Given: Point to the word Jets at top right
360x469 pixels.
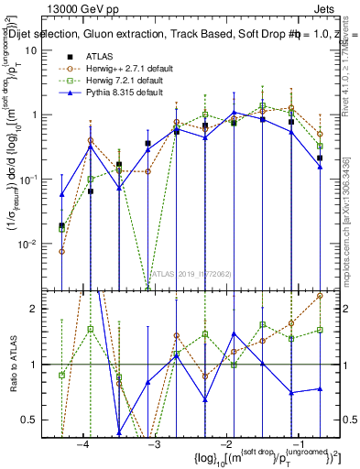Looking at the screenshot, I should [x=333, y=8].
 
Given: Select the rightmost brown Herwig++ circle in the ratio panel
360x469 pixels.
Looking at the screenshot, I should [x=320, y=296].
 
